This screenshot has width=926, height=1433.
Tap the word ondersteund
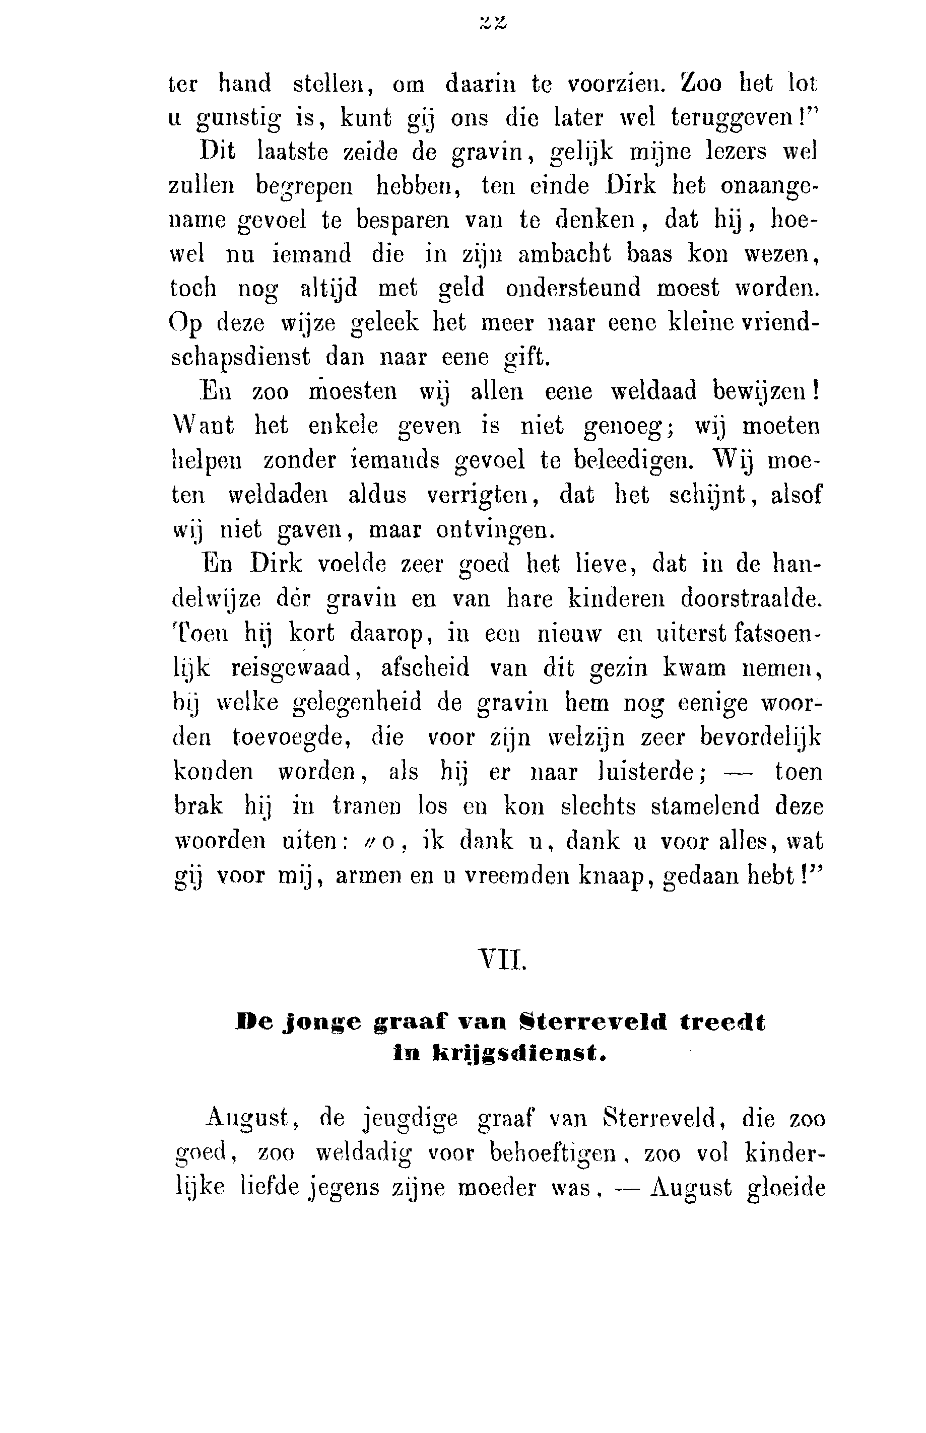572,289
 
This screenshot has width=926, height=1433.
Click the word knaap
613,876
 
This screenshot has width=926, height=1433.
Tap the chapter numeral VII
501,961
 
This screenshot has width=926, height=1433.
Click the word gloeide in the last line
785,1188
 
